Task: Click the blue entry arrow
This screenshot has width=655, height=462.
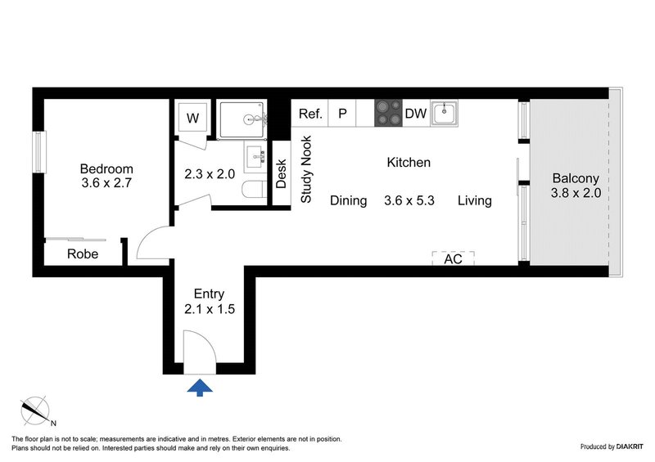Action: tap(200, 387)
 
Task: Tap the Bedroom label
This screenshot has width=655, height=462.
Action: tap(106, 169)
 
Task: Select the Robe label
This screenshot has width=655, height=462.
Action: tap(83, 254)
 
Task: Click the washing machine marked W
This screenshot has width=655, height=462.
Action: tap(192, 118)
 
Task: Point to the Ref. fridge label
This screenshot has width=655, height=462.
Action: tap(309, 114)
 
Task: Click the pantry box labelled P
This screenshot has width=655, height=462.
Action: tap(342, 114)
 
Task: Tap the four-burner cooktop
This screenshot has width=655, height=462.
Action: tap(388, 114)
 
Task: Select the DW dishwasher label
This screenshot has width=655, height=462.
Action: tap(416, 114)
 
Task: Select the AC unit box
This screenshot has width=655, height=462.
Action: tap(453, 258)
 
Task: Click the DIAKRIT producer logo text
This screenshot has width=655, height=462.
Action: tap(623, 447)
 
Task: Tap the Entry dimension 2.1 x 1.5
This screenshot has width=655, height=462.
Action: tap(209, 310)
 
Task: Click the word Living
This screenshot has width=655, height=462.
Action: tap(474, 200)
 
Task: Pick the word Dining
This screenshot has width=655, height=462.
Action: tap(348, 200)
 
